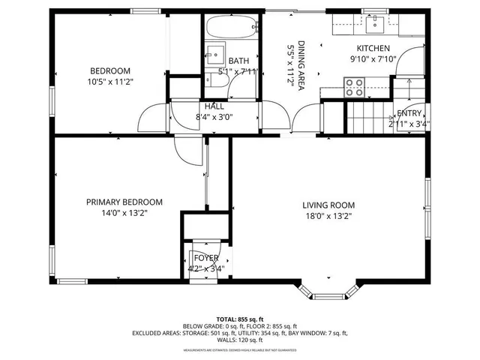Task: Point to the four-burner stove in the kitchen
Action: pyautogui.click(x=353, y=88)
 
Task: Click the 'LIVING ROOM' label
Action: pyautogui.click(x=328, y=205)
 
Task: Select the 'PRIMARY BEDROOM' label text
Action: pyautogui.click(x=124, y=202)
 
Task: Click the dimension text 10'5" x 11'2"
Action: pyautogui.click(x=110, y=82)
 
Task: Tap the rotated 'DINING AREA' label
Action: pyautogui.click(x=301, y=66)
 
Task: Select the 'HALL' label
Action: pyautogui.click(x=214, y=106)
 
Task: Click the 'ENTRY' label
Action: pyautogui.click(x=409, y=112)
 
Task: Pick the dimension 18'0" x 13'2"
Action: pyautogui.click(x=328, y=216)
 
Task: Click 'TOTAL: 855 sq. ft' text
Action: pyautogui.click(x=239, y=319)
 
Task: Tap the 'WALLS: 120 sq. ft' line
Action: pyautogui.click(x=239, y=339)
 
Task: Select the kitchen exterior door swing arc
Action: pyautogui.click(x=411, y=61)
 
